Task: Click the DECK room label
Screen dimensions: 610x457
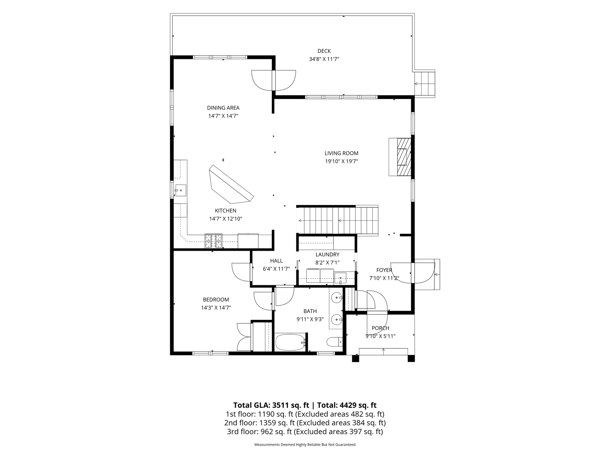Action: [324, 51]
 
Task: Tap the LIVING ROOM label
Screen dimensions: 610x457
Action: [341, 153]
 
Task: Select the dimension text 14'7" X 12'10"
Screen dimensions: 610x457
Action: [226, 219]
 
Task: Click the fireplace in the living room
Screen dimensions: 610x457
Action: [400, 157]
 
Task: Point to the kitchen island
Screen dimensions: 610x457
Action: [231, 184]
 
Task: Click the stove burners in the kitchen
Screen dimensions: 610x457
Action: [213, 241]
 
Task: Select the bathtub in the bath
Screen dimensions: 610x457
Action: [290, 342]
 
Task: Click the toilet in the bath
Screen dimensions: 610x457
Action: [335, 342]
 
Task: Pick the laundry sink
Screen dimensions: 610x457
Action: [340, 277]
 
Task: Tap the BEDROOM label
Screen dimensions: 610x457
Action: [216, 300]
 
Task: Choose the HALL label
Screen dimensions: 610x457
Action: [276, 261]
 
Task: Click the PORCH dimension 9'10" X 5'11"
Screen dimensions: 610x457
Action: [380, 336]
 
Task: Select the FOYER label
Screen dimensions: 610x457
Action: [384, 270]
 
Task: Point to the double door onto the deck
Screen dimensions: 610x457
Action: [274, 81]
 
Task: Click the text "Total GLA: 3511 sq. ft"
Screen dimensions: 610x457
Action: [271, 405]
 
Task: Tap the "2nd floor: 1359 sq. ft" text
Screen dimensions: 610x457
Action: [259, 423]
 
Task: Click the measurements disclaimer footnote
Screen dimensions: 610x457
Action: [305, 445]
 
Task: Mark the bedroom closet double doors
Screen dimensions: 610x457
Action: [244, 337]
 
